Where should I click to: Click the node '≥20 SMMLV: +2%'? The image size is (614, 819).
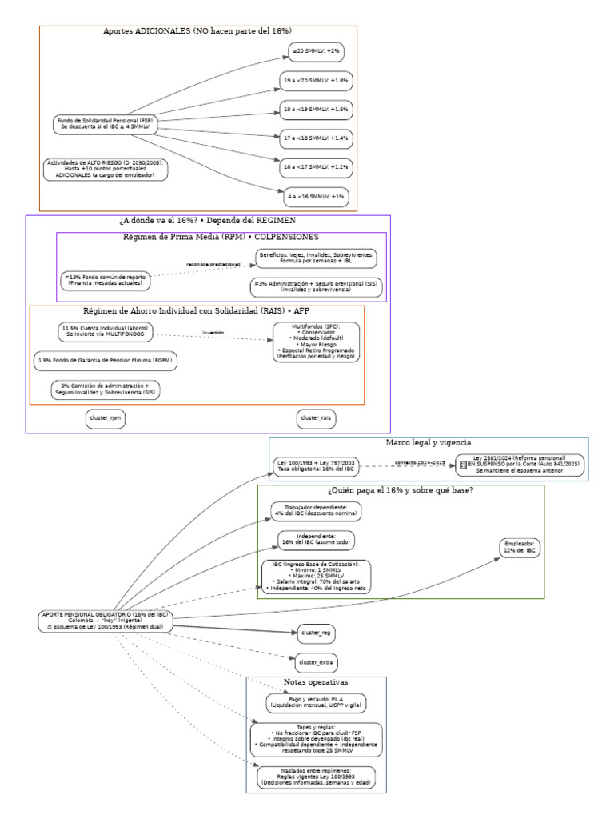pyautogui.click(x=316, y=51)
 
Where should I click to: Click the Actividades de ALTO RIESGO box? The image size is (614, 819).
pyautogui.click(x=106, y=169)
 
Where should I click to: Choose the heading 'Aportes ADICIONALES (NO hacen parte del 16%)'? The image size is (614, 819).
pyautogui.click(x=197, y=31)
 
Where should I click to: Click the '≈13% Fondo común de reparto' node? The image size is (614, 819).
pyautogui.click(x=106, y=279)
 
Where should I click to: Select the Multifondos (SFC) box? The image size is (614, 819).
pyautogui.click(x=316, y=342)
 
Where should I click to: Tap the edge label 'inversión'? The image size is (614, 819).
pyautogui.click(x=213, y=332)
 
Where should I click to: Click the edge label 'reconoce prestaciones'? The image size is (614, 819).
pyautogui.click(x=213, y=263)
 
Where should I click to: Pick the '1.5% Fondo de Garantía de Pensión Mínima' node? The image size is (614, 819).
pyautogui.click(x=105, y=362)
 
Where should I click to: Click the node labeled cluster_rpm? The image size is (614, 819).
pyautogui.click(x=106, y=418)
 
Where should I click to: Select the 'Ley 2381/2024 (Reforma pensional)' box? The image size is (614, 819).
pyautogui.click(x=520, y=465)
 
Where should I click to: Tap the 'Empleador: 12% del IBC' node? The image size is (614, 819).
pyautogui.click(x=520, y=548)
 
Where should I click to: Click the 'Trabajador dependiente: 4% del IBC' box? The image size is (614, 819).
pyautogui.click(x=316, y=511)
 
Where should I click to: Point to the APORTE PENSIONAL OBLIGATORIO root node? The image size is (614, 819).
pyautogui.click(x=105, y=621)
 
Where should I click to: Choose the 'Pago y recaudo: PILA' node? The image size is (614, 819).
pyautogui.click(x=316, y=703)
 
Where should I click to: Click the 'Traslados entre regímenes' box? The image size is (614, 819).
pyautogui.click(x=316, y=777)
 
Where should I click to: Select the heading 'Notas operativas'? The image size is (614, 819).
pyautogui.click(x=316, y=682)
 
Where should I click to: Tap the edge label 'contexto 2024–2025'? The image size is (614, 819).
pyautogui.click(x=419, y=462)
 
